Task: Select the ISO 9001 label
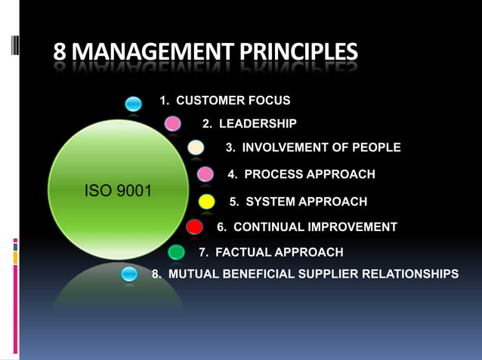tap(117, 190)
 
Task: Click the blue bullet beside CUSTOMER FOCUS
tap(134, 103)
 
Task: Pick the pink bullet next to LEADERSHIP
tap(173, 123)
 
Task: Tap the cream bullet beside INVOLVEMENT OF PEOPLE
tap(196, 147)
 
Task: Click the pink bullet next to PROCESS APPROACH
tap(205, 174)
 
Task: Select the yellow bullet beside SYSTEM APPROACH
tap(205, 202)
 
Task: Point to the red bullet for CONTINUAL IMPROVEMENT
tap(194, 226)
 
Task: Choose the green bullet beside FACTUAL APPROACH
tap(176, 251)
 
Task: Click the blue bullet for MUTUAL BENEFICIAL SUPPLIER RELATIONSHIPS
tap(129, 273)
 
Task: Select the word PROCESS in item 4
tap(270, 174)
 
